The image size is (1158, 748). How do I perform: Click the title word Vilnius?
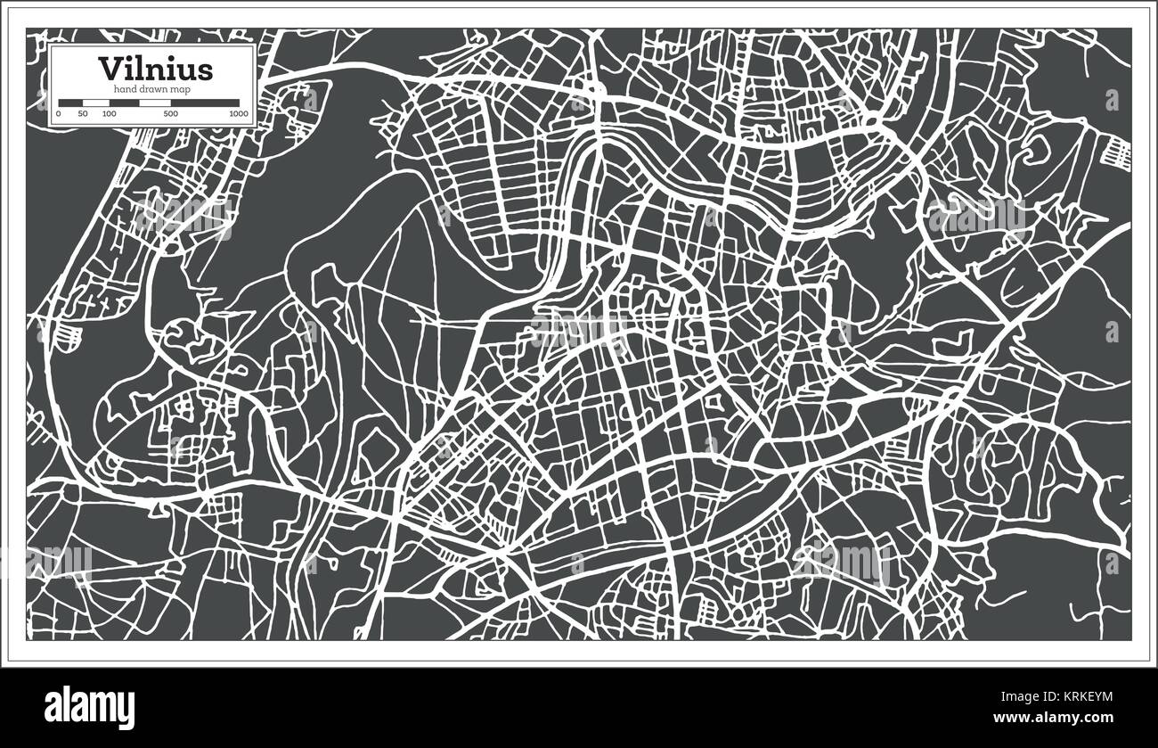tap(155, 69)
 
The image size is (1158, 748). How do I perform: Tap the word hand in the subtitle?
tap(123, 89)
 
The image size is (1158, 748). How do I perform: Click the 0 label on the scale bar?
tap(59, 114)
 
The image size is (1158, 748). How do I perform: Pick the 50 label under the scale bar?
tap(83, 114)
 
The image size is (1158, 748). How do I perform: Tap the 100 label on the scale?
tap(109, 114)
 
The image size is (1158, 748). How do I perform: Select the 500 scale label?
tap(170, 114)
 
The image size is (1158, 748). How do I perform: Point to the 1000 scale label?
tap(238, 114)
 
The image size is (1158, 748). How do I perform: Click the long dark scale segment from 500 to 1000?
tap(204, 103)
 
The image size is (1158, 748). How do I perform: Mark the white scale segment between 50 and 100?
tap(95, 103)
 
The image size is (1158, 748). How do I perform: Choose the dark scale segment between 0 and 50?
tap(70, 103)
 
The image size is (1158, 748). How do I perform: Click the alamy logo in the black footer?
tap(95, 704)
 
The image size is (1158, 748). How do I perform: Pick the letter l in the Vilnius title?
tap(140, 69)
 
